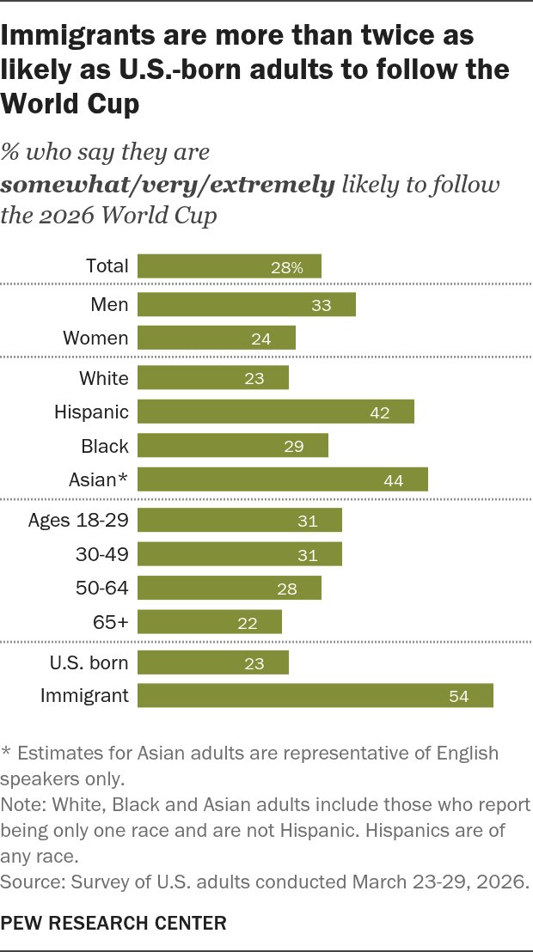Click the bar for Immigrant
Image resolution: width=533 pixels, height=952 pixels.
pos(315,696)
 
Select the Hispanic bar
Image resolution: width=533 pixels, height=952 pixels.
pos(275,412)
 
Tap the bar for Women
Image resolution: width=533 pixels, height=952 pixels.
pos(217,338)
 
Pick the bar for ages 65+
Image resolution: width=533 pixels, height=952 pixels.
pos(210,622)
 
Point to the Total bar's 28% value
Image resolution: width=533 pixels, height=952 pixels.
pos(287,268)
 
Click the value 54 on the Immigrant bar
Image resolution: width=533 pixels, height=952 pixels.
pos(459,697)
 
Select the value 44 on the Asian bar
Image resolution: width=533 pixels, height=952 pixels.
pos(394,481)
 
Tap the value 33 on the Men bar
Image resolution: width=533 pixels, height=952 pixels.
pos(321,305)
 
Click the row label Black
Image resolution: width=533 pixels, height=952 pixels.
pos(105,446)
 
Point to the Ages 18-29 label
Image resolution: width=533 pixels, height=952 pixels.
pos(78,521)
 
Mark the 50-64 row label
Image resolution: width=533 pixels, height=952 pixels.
pos(102,588)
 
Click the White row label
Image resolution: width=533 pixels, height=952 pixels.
pos(104,378)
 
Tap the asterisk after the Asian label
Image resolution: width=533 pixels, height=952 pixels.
pos(125,478)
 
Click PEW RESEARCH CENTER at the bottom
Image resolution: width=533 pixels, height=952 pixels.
pos(113,924)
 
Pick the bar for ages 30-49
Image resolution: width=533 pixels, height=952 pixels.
pos(240,553)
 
